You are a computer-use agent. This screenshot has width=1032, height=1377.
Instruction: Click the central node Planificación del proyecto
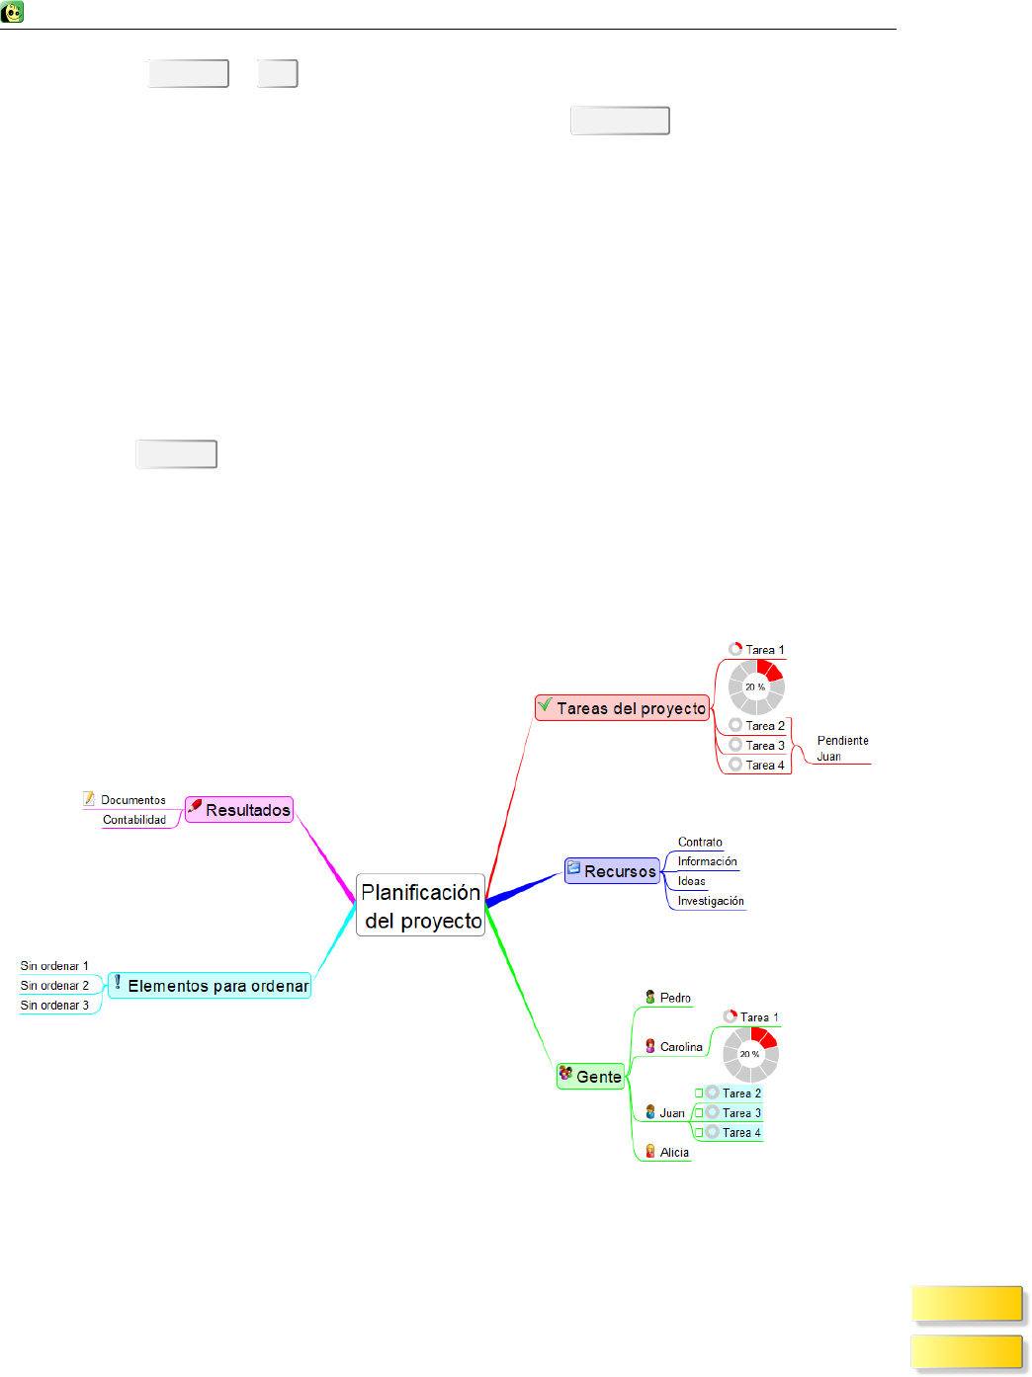[x=420, y=906]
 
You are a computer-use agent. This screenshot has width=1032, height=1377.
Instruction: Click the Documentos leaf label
[x=132, y=800]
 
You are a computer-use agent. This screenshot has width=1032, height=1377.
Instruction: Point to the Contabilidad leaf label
[x=134, y=820]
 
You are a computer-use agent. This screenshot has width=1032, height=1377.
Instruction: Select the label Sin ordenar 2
[x=54, y=986]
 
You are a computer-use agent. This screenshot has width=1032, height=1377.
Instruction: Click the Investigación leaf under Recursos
[x=711, y=901]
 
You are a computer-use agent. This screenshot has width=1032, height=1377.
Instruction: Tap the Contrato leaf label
[x=700, y=843]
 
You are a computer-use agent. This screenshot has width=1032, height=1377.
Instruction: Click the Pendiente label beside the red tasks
[x=842, y=741]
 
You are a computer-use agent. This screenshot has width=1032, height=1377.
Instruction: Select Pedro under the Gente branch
[x=675, y=998]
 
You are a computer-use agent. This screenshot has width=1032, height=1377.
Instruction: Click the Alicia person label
[x=674, y=1153]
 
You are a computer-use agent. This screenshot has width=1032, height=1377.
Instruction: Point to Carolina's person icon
[x=650, y=1046]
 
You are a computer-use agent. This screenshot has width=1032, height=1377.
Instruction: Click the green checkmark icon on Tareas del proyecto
[x=545, y=705]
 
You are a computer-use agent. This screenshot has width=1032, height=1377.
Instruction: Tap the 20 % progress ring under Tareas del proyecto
[x=756, y=687]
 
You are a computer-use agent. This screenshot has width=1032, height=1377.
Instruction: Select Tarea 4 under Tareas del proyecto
[x=764, y=766]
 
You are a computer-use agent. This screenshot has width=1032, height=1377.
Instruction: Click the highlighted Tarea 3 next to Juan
[x=741, y=1113]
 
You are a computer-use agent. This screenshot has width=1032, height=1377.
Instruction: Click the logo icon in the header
[x=13, y=13]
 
